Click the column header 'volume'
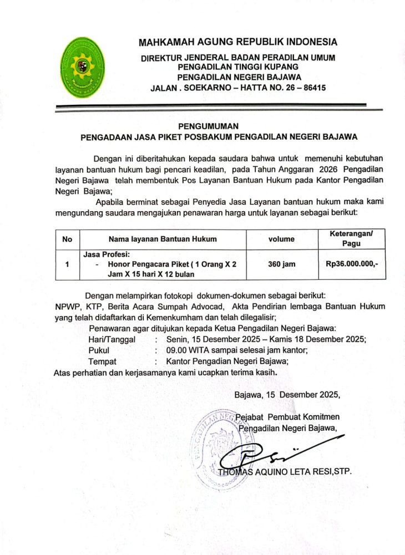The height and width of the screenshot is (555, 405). [281, 239]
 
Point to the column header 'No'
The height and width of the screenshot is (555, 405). [68, 239]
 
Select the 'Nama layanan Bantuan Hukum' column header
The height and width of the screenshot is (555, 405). [163, 239]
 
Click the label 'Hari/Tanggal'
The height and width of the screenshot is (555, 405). [112, 339]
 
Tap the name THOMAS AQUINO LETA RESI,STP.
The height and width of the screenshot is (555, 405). [285, 472]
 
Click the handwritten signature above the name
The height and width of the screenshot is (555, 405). [277, 454]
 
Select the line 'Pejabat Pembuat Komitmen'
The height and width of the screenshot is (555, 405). [288, 416]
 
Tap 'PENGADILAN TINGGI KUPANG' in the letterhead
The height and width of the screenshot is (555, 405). [239, 67]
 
